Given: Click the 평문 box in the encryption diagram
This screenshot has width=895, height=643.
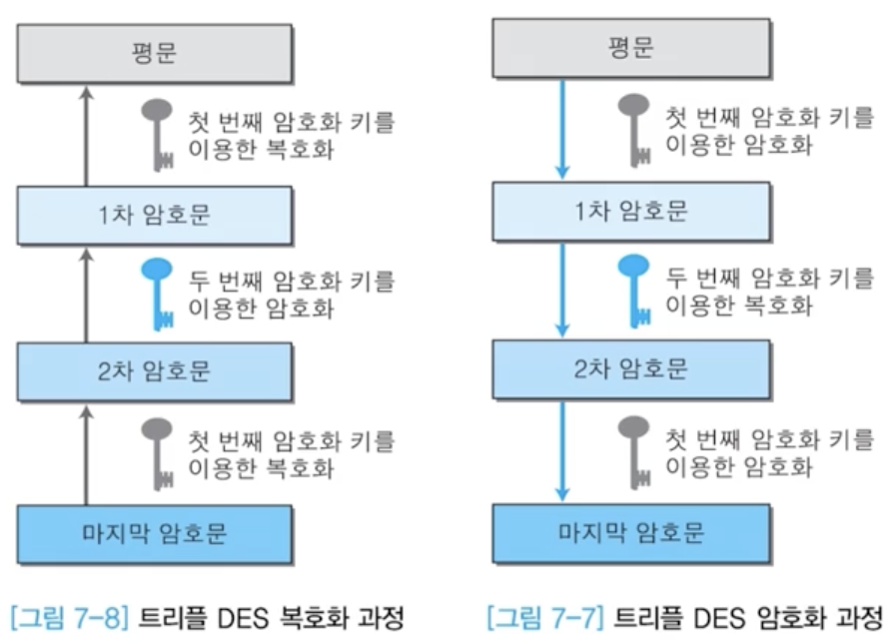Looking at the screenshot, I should pyautogui.click(x=630, y=49).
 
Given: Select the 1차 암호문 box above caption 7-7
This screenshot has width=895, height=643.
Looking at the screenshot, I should pyautogui.click(x=630, y=211).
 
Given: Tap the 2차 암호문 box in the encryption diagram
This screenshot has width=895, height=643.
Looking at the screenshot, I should pyautogui.click(x=630, y=368).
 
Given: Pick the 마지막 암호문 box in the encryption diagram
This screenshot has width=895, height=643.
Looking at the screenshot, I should pyautogui.click(x=630, y=532).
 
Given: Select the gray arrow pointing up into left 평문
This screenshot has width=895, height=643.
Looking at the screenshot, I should pyautogui.click(x=85, y=134).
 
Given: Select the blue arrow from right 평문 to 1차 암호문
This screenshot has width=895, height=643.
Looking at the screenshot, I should pyautogui.click(x=562, y=130).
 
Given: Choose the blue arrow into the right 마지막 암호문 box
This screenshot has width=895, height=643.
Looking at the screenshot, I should pyautogui.click(x=562, y=449).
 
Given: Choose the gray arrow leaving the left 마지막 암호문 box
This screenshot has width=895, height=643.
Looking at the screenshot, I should pyautogui.click(x=85, y=454).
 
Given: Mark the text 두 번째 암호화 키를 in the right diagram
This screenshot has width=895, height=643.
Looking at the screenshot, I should pyautogui.click(x=768, y=279).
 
